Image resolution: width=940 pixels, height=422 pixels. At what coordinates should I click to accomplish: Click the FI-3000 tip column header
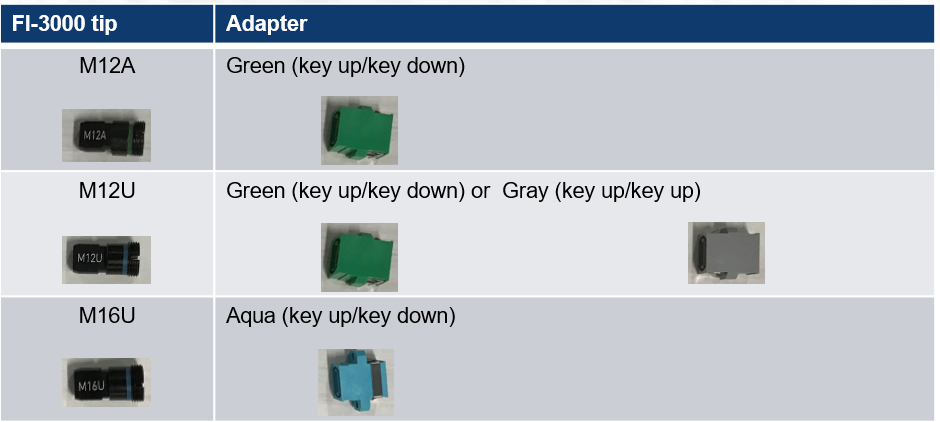point(64,23)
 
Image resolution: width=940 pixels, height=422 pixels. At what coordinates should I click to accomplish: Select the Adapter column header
point(266,23)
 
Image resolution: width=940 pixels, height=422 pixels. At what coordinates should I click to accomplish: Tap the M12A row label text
point(107,65)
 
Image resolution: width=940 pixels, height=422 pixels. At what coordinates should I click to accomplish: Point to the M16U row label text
point(107,315)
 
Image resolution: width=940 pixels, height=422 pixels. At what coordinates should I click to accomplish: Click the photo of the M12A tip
point(106,135)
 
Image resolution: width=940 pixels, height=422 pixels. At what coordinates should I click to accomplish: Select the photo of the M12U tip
point(106,260)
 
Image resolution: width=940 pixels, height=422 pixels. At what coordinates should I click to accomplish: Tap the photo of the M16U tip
point(106,382)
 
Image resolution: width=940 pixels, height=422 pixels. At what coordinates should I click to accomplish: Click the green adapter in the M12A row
point(359,130)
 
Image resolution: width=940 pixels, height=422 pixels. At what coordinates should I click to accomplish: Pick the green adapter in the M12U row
point(359,257)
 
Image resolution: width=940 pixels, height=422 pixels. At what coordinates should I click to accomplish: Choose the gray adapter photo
point(726,253)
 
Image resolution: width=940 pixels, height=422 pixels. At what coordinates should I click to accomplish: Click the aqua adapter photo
point(356,382)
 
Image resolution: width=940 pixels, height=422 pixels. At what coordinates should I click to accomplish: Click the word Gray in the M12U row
point(525,191)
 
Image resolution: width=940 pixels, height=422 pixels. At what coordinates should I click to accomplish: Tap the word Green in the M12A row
point(255,66)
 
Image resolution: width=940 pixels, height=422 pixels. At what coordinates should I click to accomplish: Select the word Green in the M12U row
point(255,191)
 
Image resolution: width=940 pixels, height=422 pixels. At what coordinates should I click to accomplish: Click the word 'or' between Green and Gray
point(481,192)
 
